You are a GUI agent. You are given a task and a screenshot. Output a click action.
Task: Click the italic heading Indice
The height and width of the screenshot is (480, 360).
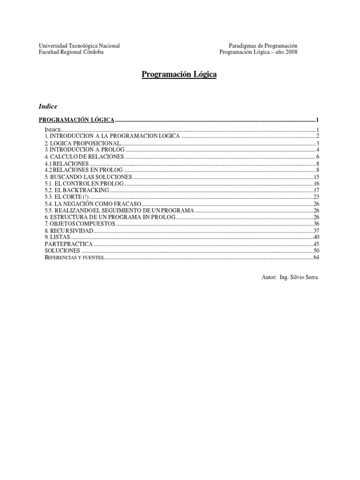pyautogui.click(x=47, y=106)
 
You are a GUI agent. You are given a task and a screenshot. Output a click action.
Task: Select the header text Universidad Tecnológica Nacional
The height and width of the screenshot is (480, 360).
pyautogui.click(x=79, y=45)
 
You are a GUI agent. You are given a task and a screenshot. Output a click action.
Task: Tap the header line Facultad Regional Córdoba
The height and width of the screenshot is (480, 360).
pyautogui.click(x=71, y=52)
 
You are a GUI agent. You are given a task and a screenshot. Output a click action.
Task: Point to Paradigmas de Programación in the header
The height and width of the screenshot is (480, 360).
pyautogui.click(x=263, y=45)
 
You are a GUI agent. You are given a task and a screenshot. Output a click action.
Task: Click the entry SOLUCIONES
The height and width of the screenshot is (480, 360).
pyautogui.click(x=62, y=251)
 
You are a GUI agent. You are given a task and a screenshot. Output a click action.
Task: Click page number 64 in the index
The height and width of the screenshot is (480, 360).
pyautogui.click(x=316, y=257)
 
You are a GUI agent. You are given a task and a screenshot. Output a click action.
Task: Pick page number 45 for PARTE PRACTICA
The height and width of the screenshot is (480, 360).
pyautogui.click(x=316, y=244)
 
